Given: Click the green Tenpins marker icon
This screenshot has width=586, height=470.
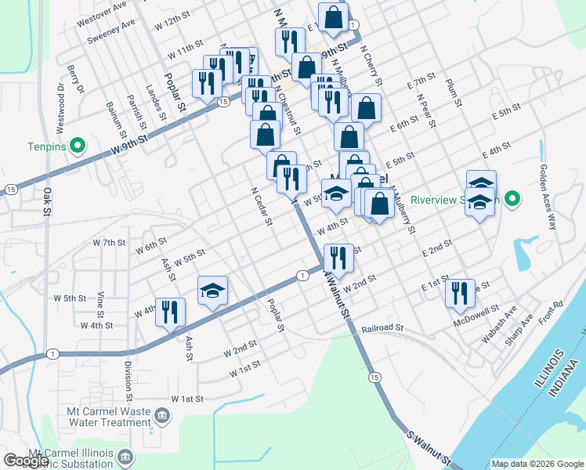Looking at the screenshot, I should point(77,146).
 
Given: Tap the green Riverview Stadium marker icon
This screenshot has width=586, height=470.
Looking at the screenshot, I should point(512,199).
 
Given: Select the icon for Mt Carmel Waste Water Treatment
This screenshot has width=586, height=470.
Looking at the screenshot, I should point(162,414).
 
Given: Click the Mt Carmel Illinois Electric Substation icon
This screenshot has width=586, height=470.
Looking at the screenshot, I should point(125,456).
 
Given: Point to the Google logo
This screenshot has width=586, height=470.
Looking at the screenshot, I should point(27,461).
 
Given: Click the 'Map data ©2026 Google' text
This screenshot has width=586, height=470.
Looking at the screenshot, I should point(537,464).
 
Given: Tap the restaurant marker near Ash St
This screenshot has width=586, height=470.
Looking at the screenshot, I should point(170,311).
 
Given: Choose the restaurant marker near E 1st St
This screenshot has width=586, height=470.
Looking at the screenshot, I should point(460,292).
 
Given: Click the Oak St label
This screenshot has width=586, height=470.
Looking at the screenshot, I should point(46,201).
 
